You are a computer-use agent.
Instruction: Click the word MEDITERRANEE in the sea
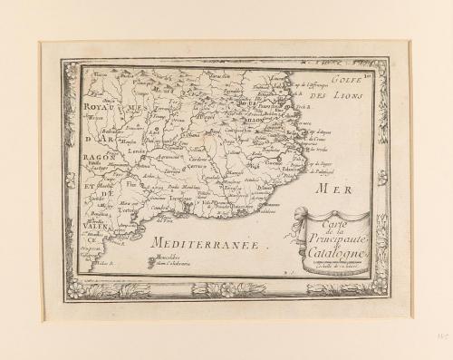click(x=200, y=245)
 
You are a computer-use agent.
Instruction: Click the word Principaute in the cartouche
click(x=329, y=238)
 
